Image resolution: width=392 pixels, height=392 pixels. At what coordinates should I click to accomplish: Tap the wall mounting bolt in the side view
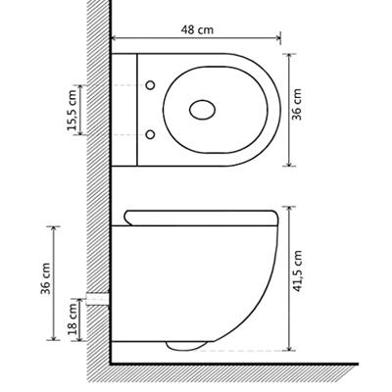click(x=95, y=297)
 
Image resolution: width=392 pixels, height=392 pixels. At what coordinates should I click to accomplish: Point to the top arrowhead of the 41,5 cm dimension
click(x=291, y=209)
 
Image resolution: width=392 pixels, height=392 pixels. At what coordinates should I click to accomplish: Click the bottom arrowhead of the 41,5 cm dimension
click(x=291, y=350)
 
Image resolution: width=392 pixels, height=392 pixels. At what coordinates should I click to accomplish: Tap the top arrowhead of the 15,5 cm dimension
click(x=80, y=87)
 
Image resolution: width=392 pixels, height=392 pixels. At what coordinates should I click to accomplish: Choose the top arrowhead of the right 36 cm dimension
click(x=291, y=53)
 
